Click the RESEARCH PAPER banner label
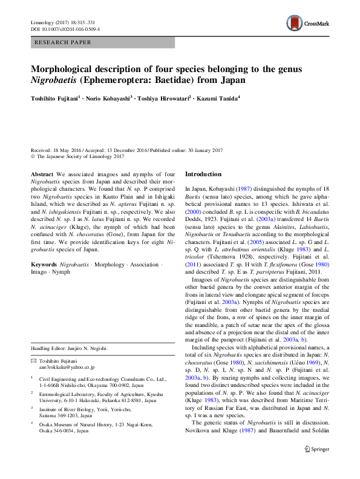pos(64,42)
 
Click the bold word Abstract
pos(42,174)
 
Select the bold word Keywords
pos(44,282)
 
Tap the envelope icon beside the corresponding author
pos(34,360)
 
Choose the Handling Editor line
pos(69,348)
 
